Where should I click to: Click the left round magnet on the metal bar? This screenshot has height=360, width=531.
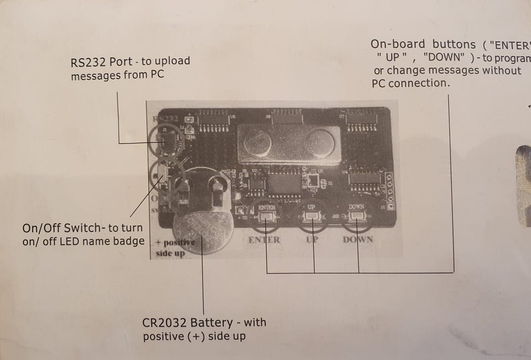pos(256,143)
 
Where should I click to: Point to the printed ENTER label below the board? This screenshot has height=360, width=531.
pos(264,240)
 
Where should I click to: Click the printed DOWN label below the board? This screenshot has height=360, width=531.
pos(357,240)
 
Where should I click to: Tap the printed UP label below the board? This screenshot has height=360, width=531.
pos(313,240)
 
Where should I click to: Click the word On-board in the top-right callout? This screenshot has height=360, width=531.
pos(398,44)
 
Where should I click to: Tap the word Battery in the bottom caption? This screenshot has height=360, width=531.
pos(210,322)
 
